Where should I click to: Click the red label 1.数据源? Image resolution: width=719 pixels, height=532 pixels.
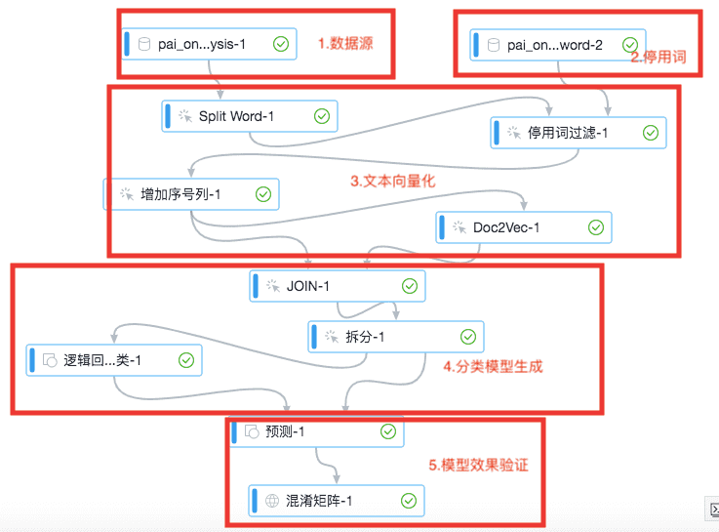(x=345, y=43)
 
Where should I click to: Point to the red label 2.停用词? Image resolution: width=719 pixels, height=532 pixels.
(x=658, y=58)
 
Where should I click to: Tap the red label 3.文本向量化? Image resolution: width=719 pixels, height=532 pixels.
(x=393, y=182)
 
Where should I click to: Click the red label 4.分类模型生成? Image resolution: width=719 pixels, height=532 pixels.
(x=493, y=367)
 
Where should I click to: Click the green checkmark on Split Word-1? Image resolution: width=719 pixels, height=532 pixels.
(x=322, y=117)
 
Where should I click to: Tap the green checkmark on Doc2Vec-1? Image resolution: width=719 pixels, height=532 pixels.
(x=596, y=227)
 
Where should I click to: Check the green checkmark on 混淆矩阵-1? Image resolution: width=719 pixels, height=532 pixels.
(x=409, y=502)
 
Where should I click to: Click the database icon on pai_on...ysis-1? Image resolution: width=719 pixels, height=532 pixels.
(x=145, y=44)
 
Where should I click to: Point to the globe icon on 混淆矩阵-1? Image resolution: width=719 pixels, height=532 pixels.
(x=272, y=502)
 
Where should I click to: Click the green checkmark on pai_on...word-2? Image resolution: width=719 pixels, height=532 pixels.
(x=630, y=45)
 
